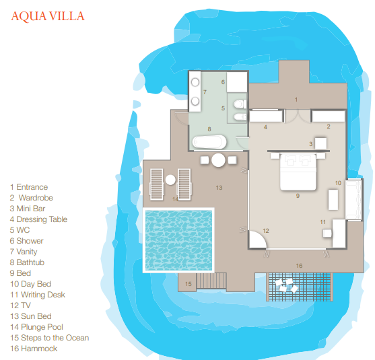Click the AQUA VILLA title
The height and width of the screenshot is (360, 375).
pyautogui.click(x=48, y=16)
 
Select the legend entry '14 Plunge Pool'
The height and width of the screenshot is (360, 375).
pyautogui.click(x=36, y=327)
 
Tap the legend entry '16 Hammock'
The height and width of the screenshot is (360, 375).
pyautogui.click(x=34, y=349)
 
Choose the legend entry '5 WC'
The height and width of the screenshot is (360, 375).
pyautogui.click(x=20, y=230)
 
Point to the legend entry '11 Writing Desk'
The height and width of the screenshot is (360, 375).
pyautogui.click(x=38, y=295)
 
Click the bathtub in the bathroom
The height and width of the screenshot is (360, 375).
pyautogui.click(x=209, y=142)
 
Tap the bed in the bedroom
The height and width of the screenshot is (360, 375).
pyautogui.click(x=298, y=172)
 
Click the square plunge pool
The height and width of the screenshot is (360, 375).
pyautogui.click(x=178, y=240)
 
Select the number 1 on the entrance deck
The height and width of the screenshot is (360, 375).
pyautogui.click(x=296, y=100)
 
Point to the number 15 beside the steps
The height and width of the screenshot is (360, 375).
pyautogui.click(x=189, y=284)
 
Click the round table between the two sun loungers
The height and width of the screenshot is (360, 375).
pyautogui.click(x=170, y=180)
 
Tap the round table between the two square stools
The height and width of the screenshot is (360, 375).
pyautogui.click(x=218, y=160)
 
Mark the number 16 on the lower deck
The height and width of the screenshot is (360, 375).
pyautogui.click(x=299, y=266)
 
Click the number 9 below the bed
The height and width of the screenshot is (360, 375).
pyautogui.click(x=298, y=196)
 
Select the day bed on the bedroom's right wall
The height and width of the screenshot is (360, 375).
pyautogui.click(x=353, y=199)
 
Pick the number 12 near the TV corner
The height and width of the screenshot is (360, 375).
pyautogui.click(x=266, y=231)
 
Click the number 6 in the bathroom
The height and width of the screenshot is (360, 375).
pyautogui.click(x=223, y=82)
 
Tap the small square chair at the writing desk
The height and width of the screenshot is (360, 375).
pyautogui.click(x=327, y=233)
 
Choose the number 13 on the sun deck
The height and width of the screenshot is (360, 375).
pyautogui.click(x=219, y=188)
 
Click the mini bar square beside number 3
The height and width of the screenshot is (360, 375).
pyautogui.click(x=320, y=144)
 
